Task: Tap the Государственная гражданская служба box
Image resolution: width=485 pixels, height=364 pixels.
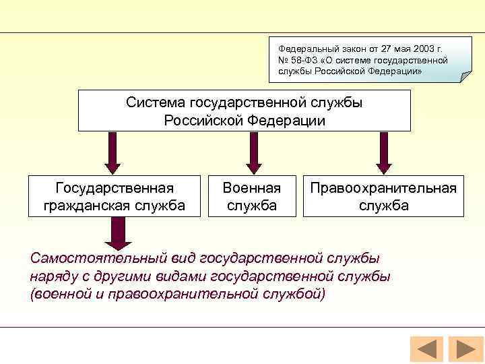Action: click(x=115, y=196)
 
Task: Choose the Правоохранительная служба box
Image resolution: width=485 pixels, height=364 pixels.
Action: click(x=383, y=196)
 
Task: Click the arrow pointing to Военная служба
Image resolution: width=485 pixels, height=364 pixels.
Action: click(x=253, y=152)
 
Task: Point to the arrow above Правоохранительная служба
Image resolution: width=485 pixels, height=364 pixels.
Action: click(x=383, y=152)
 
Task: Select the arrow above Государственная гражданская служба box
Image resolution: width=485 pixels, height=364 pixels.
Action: click(x=113, y=152)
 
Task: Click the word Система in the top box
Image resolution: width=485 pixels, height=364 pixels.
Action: click(x=156, y=102)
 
